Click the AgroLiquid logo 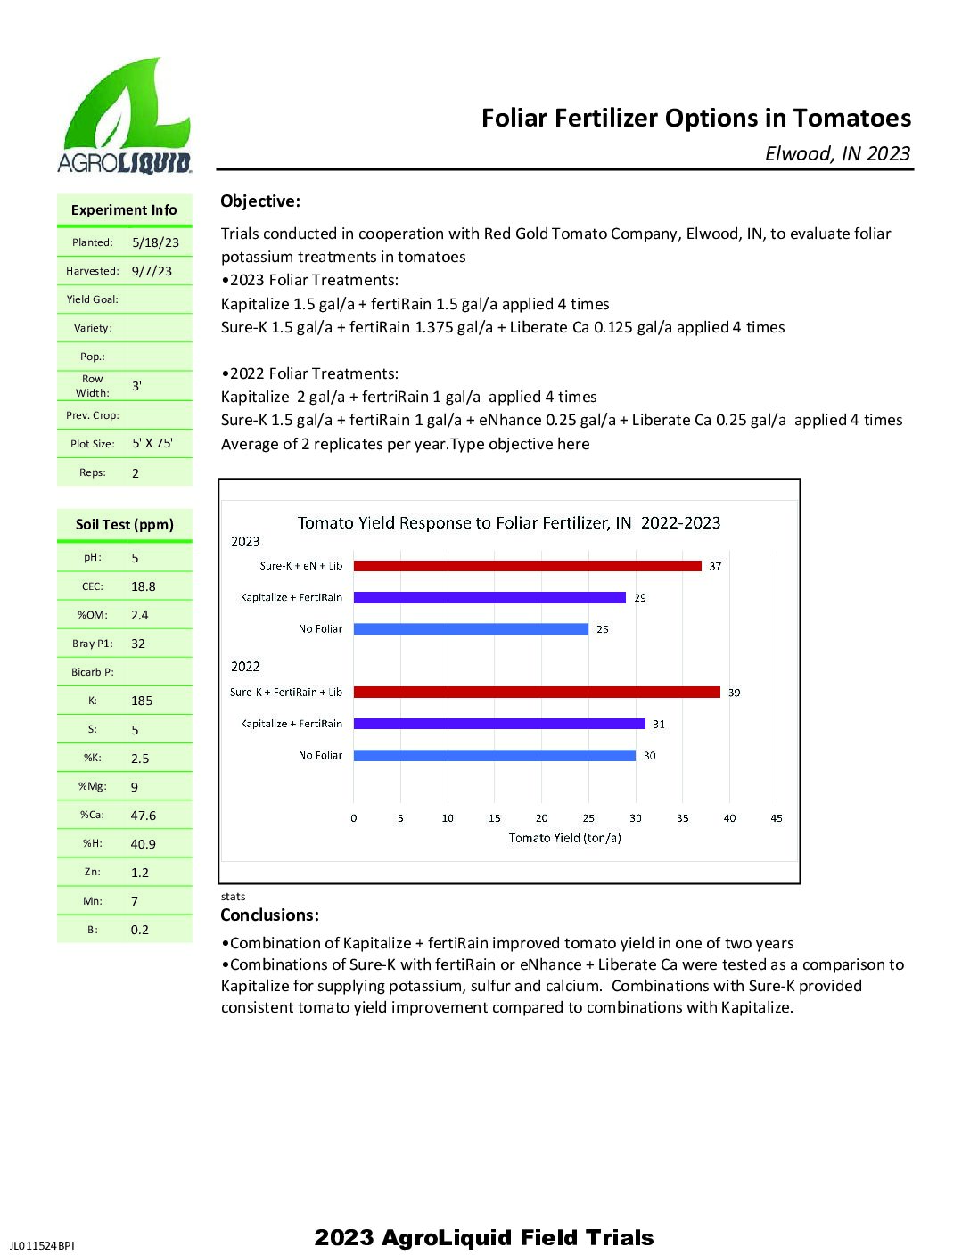pyautogui.click(x=125, y=116)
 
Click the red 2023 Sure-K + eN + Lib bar pyautogui.click(x=527, y=566)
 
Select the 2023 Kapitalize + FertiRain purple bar pyautogui.click(x=489, y=597)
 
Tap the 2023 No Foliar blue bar pyautogui.click(x=471, y=629)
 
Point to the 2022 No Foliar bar pyautogui.click(x=494, y=756)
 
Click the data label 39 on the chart pyautogui.click(x=734, y=693)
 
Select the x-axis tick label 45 pyautogui.click(x=777, y=818)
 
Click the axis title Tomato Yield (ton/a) pyautogui.click(x=564, y=838)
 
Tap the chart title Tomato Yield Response pyautogui.click(x=508, y=523)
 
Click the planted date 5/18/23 pyautogui.click(x=155, y=242)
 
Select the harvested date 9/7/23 pyautogui.click(x=152, y=271)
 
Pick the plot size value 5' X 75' pyautogui.click(x=152, y=443)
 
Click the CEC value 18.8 pyautogui.click(x=143, y=586)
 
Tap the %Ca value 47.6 pyautogui.click(x=143, y=816)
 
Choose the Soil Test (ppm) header pyautogui.click(x=125, y=525)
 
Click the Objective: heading pyautogui.click(x=260, y=201)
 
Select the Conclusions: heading pyautogui.click(x=269, y=915)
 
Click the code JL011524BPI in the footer pyautogui.click(x=42, y=1245)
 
